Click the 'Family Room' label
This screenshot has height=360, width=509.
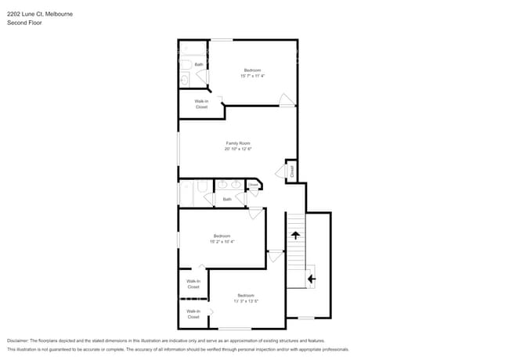[238, 142]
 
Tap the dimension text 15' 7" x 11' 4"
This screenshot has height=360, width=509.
[253, 76]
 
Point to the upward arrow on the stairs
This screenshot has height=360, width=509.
[295, 233]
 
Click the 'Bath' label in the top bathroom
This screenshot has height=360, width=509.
[199, 64]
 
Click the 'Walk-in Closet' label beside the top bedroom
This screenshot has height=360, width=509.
[201, 103]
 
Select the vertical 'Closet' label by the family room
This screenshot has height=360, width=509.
[291, 170]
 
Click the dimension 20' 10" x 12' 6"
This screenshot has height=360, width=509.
[238, 149]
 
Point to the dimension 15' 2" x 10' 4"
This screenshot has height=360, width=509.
[222, 242]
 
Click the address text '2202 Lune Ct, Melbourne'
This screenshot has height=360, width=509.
[41, 13]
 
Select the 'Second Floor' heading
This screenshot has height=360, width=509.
[24, 23]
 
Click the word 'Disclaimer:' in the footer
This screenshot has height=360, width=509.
[21, 340]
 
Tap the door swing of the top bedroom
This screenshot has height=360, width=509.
[286, 99]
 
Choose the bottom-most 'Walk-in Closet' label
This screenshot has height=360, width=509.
[193, 314]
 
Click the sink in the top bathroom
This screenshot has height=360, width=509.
[184, 79]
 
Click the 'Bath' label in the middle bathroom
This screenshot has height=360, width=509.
[227, 199]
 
